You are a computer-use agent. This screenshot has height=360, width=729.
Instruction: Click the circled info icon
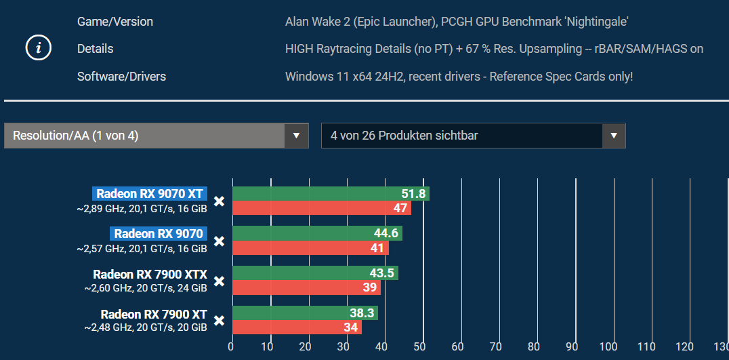coord(39,48)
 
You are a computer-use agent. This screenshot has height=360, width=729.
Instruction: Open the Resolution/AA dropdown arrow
coord(295,136)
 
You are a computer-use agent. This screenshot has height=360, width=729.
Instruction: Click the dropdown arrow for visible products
coord(613,136)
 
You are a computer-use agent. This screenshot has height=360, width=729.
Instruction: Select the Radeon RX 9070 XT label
coord(150,194)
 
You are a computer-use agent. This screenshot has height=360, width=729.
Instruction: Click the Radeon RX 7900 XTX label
coord(150,274)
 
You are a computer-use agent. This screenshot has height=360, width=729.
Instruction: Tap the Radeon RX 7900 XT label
coord(154,314)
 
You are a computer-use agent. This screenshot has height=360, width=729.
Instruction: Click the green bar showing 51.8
coord(331,194)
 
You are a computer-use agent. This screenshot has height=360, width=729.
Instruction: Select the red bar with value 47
coord(321,208)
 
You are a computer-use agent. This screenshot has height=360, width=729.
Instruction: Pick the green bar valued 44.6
coord(317,234)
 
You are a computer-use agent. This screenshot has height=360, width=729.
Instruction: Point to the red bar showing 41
coord(310,248)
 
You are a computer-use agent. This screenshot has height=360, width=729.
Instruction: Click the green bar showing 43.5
coord(315,273)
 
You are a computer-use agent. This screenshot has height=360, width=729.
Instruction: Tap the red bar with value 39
coord(306,288)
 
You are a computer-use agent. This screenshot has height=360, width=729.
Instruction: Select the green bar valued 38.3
coord(305,313)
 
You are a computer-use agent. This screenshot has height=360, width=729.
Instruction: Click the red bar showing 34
coord(297,327)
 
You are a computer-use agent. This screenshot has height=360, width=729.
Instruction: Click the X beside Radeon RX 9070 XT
coord(219,201)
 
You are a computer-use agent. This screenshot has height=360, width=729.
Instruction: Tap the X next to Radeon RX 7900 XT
coord(219,321)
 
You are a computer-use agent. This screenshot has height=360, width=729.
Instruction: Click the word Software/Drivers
coord(121,77)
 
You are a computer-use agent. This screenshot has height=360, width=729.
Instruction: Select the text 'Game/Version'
coord(115,22)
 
